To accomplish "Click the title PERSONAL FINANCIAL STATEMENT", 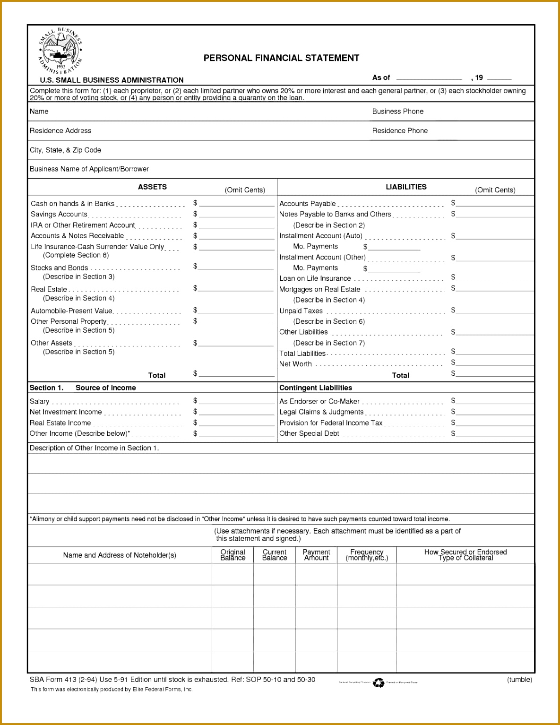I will [x=281, y=58].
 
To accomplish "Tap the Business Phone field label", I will [x=397, y=112].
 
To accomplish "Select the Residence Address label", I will [x=60, y=131].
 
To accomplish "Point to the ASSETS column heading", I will [x=152, y=187].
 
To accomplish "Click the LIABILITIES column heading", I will [x=406, y=187].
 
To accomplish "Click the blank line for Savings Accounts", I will [x=236, y=215].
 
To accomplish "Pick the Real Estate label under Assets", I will [x=49, y=289].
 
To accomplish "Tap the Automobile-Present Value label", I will [x=71, y=311].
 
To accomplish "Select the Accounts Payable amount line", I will [x=494, y=204].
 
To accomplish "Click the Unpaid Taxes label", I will [x=301, y=311].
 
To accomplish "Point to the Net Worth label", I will [x=295, y=364].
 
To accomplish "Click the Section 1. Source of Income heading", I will [x=83, y=388].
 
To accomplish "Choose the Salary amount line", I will [x=236, y=402].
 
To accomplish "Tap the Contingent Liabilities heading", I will [x=316, y=388].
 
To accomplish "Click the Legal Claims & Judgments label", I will [x=321, y=412].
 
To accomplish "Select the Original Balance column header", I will [x=233, y=555].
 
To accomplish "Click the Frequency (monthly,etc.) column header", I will [x=367, y=555].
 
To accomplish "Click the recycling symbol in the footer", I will [x=379, y=682].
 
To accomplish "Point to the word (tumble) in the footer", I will [x=519, y=680].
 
